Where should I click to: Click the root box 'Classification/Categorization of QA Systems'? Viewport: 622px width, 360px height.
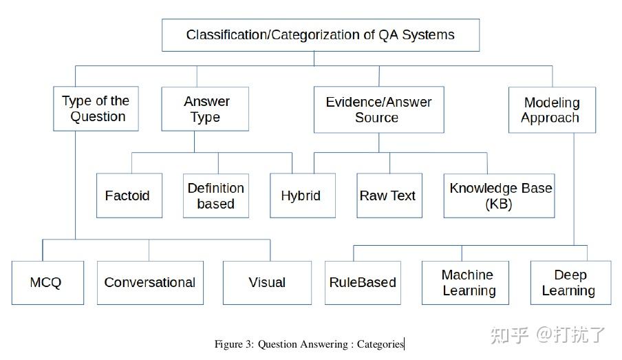tap(320, 35)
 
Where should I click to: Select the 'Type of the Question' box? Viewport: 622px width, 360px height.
tap(96, 109)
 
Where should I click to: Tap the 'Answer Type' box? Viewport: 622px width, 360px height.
tap(205, 109)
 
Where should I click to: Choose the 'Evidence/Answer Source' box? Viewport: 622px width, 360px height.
tap(378, 109)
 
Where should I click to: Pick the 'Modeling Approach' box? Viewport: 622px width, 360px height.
tap(551, 110)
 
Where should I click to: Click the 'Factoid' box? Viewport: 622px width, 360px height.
tap(129, 196)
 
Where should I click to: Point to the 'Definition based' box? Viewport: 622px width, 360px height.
tap(215, 196)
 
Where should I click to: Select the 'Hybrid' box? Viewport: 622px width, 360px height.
tap(301, 196)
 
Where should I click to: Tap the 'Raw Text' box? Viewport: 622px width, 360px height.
tap(389, 196)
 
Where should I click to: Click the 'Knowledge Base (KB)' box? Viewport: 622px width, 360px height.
tap(500, 196)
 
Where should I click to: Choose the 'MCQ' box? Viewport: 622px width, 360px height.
tap(47, 283)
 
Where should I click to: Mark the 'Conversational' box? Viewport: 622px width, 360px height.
tap(150, 283)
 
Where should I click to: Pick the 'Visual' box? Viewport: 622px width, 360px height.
tap(268, 283)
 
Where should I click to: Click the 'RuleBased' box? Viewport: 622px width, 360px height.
tap(363, 283)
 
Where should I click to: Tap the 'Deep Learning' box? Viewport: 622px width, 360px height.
tap(569, 283)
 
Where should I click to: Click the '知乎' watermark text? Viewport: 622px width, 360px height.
tap(509, 335)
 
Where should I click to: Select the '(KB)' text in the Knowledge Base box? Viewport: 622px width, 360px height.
tap(499, 204)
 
